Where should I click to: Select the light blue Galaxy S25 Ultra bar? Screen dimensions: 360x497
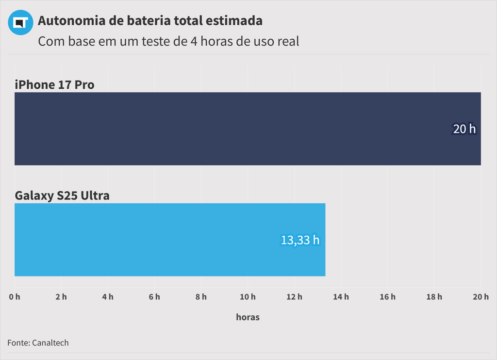tap(170, 240)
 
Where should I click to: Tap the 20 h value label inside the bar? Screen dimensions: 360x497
tap(464, 129)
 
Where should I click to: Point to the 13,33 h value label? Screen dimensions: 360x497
tap(300, 240)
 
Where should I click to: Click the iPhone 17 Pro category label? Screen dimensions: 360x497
tap(54, 85)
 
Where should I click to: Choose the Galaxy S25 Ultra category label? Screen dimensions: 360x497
tap(62, 196)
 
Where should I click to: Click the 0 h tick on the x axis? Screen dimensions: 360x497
tap(15, 297)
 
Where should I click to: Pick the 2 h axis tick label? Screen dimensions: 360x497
tap(61, 297)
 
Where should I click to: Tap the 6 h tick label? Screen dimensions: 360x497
tap(154, 297)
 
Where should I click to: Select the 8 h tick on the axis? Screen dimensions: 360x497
tap(201, 297)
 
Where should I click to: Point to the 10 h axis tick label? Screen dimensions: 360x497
tap(248, 297)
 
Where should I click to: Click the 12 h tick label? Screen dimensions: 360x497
tap(294, 297)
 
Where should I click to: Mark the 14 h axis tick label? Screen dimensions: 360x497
tap(341, 297)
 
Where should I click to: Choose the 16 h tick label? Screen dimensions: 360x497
tap(387, 297)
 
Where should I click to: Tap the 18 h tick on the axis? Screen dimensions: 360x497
tap(434, 297)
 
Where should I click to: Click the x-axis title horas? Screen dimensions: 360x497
tap(248, 317)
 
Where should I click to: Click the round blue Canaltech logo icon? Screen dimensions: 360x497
tap(20, 22)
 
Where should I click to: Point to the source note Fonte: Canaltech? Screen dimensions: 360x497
tap(38, 343)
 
